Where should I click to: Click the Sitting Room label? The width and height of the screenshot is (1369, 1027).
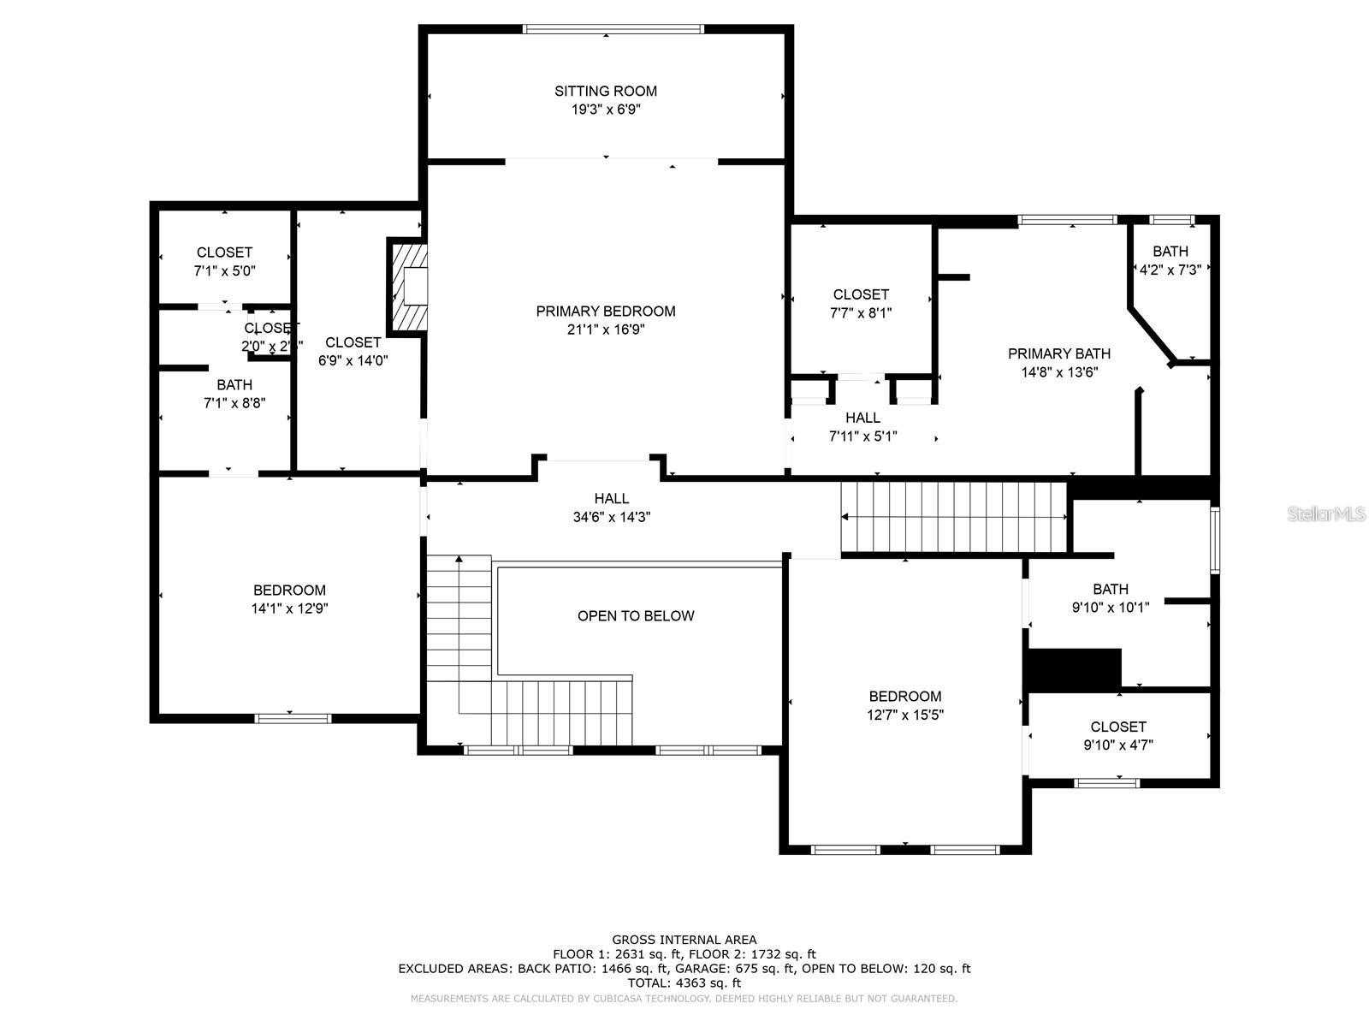[606, 91]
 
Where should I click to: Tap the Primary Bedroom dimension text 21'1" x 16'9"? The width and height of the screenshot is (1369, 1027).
[606, 329]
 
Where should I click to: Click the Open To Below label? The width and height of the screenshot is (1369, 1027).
[636, 616]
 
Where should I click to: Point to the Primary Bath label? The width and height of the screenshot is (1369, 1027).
[1059, 353]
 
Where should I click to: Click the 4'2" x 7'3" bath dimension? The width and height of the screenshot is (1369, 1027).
[1170, 269]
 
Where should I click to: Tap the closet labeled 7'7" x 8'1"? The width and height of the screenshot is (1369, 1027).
[861, 303]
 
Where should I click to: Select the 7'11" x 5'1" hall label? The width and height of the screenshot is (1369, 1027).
[862, 427]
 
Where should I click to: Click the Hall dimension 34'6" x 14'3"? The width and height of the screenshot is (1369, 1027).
[612, 517]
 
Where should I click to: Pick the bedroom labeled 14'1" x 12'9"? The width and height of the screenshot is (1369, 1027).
[289, 599]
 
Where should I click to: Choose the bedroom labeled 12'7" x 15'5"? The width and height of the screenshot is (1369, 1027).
[904, 705]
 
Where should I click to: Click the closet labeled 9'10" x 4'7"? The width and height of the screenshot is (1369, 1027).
[1118, 736]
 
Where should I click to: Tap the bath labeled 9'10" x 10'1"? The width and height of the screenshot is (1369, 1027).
[1111, 598]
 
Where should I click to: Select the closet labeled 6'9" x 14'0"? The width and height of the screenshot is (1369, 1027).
[353, 351]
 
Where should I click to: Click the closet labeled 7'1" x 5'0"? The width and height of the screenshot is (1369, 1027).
[224, 261]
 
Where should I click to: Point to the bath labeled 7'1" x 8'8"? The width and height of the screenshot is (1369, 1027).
[234, 394]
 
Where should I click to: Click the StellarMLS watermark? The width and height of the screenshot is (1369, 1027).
[1327, 513]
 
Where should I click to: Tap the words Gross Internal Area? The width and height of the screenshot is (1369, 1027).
[684, 940]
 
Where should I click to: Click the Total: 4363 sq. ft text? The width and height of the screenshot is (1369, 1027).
[684, 983]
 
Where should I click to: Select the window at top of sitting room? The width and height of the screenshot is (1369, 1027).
[613, 29]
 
